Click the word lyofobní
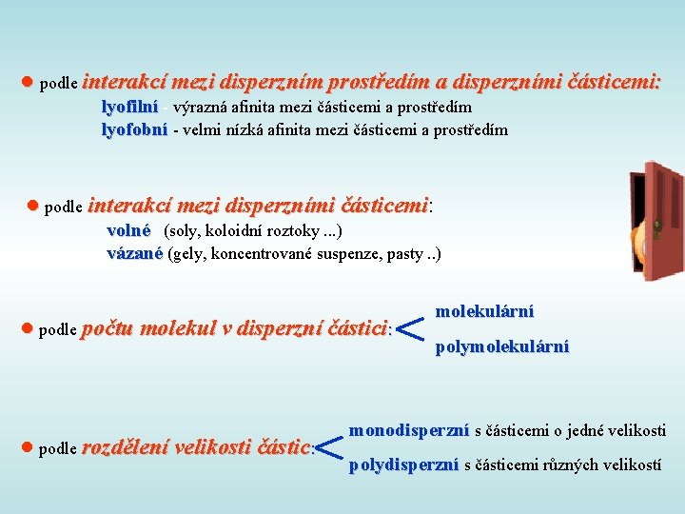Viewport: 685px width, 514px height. [x=134, y=129]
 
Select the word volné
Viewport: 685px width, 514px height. [x=128, y=230]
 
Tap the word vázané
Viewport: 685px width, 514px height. [x=134, y=253]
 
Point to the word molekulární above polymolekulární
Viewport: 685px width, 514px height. [x=484, y=311]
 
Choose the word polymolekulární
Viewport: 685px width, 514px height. [x=501, y=347]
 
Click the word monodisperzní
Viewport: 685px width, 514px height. [x=408, y=431]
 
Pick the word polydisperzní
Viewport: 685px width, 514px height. [x=403, y=465]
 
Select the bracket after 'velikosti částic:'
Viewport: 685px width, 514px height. [x=328, y=447]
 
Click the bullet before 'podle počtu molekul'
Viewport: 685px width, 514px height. [x=28, y=328]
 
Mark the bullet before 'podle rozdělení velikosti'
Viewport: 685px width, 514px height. [x=28, y=447]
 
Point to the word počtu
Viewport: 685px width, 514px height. [x=108, y=329]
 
